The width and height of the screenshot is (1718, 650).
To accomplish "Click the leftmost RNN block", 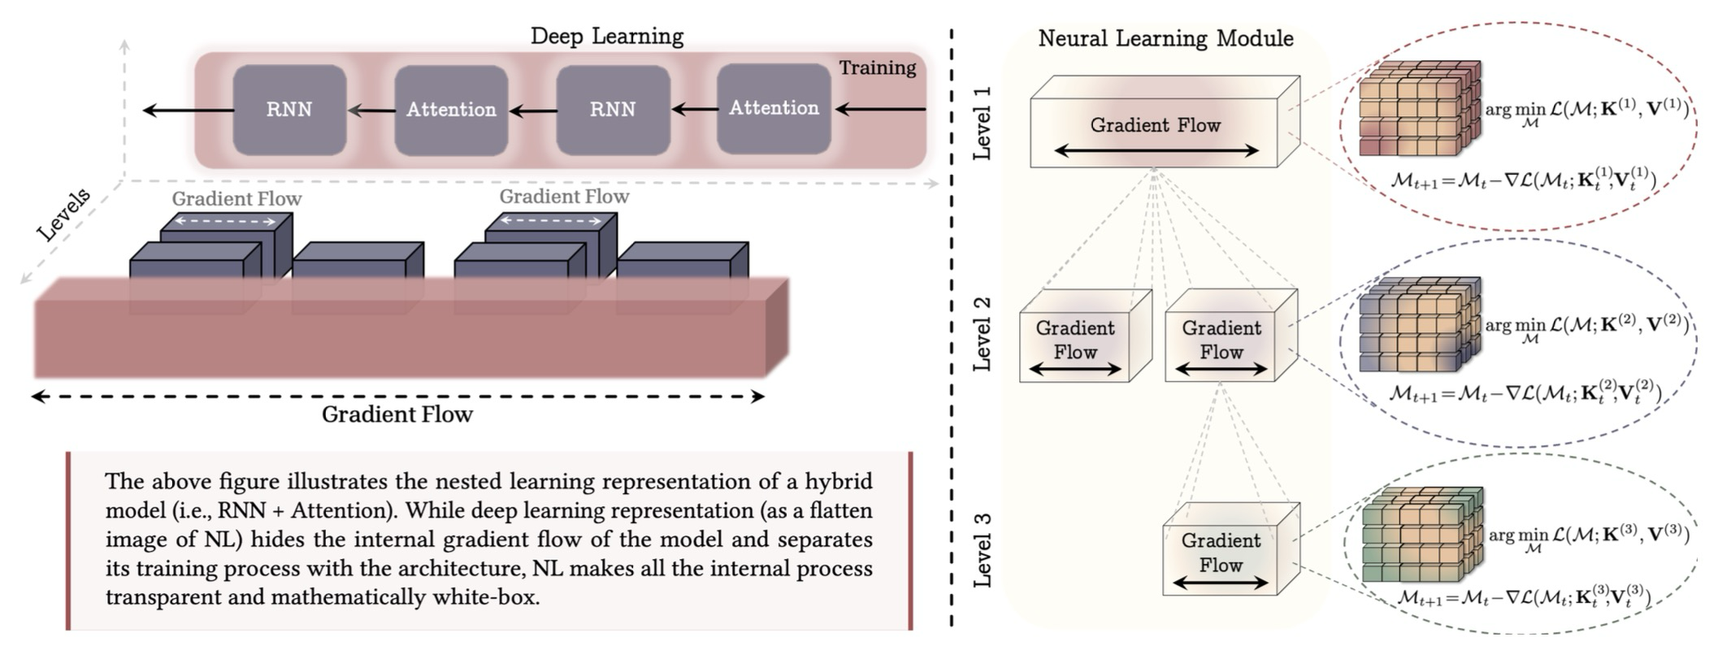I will point(289,110).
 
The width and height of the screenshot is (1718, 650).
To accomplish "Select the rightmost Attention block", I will point(774,108).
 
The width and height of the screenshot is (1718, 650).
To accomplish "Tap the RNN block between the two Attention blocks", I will point(613,110).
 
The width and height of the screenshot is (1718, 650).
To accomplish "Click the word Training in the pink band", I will point(877,68).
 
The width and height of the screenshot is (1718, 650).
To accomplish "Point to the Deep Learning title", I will point(606,37).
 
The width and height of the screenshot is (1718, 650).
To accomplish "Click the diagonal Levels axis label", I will point(64,214).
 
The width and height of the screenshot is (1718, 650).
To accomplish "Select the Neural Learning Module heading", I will point(1165,39).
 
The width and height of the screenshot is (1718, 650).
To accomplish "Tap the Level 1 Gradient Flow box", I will point(1155,126).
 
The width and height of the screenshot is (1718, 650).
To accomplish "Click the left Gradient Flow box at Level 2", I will point(1075,340).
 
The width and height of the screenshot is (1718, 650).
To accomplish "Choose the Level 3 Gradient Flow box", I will point(1221,553).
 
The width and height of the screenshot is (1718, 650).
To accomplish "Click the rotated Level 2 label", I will point(983,334).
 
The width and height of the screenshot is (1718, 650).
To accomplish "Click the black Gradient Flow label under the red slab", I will point(397,414).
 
